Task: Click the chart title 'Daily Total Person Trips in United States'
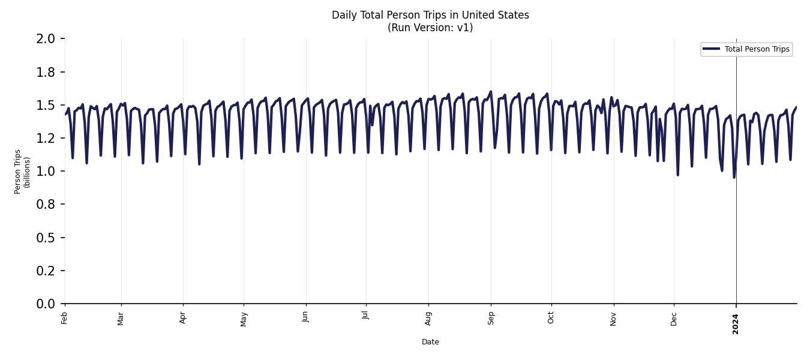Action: click(x=430, y=15)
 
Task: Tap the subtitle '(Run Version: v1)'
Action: click(x=430, y=28)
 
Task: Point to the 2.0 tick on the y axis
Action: click(x=46, y=39)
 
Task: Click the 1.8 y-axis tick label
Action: click(x=46, y=72)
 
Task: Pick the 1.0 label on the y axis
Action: click(x=46, y=172)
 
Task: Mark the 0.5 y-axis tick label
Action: click(x=46, y=238)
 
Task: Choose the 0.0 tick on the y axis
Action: click(x=46, y=304)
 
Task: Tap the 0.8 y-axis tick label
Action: click(x=46, y=205)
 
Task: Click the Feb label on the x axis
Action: click(x=65, y=318)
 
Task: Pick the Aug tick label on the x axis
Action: click(x=428, y=318)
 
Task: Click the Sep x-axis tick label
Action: click(x=491, y=318)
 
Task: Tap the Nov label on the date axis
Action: click(x=613, y=318)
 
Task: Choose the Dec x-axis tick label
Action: click(x=674, y=318)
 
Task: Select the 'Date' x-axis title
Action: click(x=430, y=342)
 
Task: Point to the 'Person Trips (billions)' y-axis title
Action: click(x=22, y=172)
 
